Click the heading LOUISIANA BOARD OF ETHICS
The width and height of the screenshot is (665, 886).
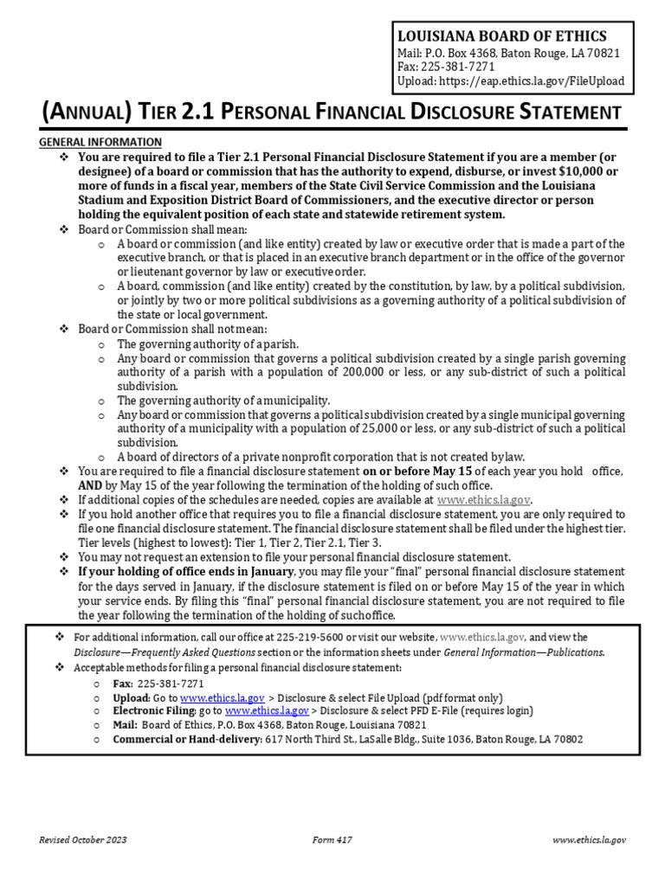[501, 35]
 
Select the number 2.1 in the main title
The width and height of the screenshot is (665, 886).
[200, 112]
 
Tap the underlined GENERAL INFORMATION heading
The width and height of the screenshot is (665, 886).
[100, 142]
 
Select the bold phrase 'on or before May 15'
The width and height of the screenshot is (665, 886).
[417, 472]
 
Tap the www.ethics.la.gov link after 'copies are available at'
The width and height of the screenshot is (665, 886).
[484, 500]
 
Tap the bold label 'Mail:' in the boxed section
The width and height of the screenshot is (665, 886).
[127, 725]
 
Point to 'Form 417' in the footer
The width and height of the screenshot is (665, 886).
[332, 840]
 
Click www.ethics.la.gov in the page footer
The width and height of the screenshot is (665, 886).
[589, 840]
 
